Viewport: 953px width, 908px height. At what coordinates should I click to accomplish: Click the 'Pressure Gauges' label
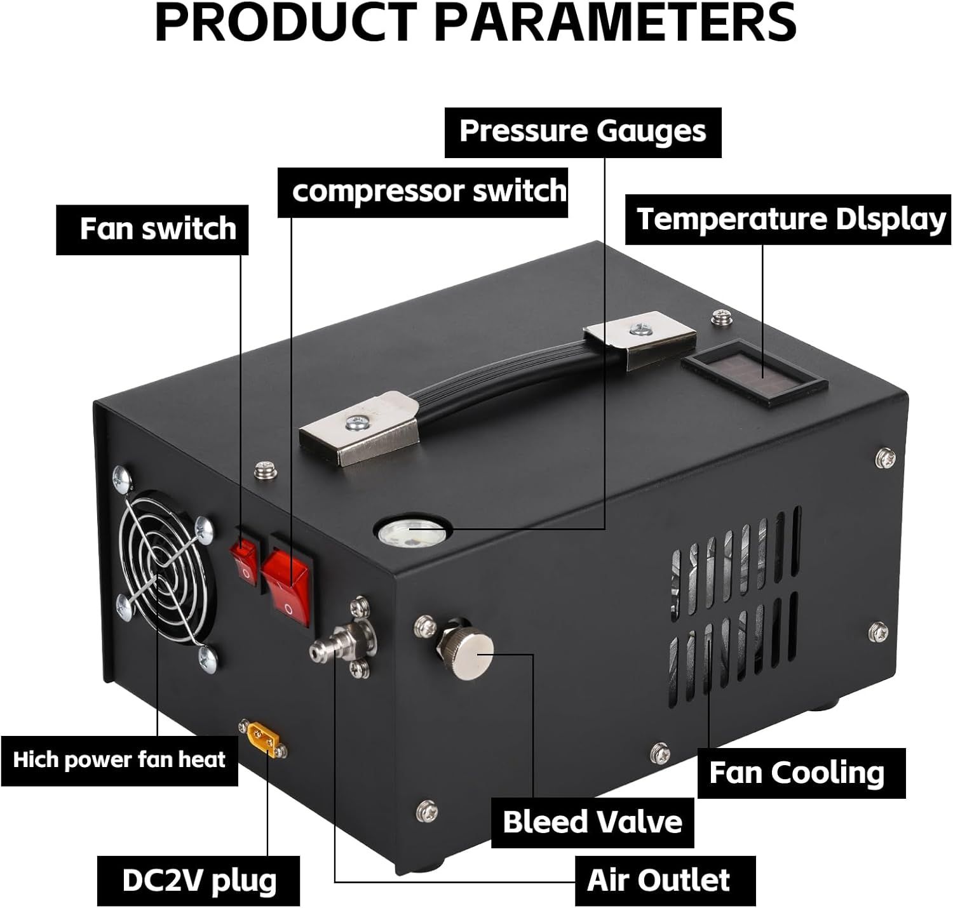583,132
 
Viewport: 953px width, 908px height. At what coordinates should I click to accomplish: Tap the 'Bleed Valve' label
592,822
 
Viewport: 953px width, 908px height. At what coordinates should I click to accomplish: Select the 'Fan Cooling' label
797,773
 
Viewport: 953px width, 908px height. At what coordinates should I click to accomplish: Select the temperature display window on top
754,373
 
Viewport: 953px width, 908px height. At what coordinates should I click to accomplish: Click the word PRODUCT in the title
287,23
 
